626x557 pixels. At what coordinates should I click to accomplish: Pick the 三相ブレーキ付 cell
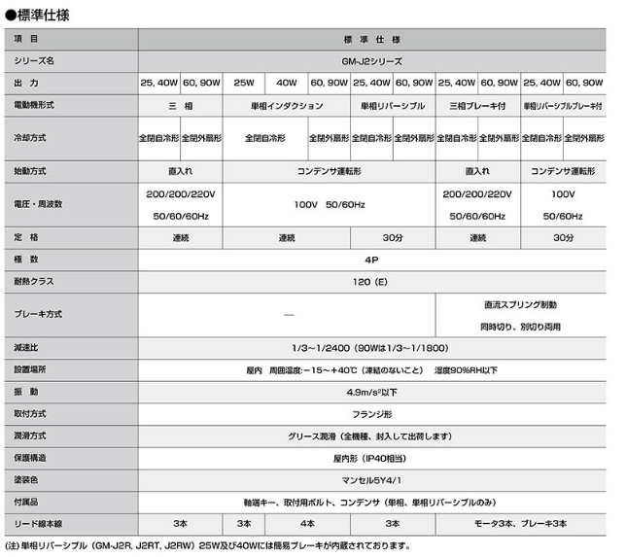479,103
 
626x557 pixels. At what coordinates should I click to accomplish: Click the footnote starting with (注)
214,545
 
